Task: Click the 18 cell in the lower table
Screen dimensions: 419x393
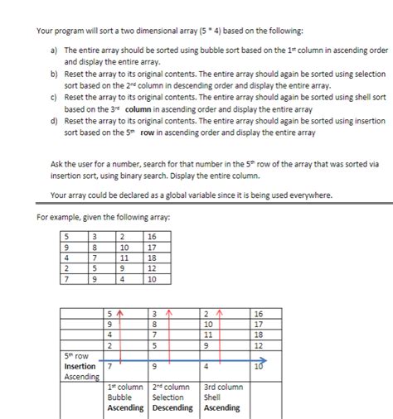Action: (256, 335)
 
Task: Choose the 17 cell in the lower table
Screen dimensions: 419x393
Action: (256, 324)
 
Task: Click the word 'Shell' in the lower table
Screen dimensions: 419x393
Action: (213, 397)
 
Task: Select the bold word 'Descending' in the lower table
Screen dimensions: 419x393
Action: (172, 407)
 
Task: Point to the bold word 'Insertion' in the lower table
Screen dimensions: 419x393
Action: (80, 366)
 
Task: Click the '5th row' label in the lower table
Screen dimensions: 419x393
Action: (76, 355)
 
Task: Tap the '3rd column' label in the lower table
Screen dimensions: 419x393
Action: (223, 386)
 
